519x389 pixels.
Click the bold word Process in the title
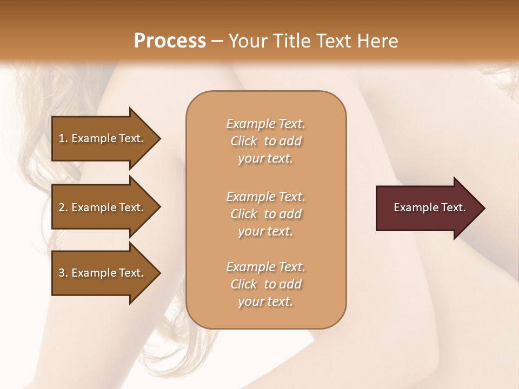(170, 41)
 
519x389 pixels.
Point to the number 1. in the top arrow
(63, 138)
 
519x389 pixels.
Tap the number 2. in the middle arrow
(63, 207)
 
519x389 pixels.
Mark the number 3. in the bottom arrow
(63, 273)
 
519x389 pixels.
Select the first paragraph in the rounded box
(265, 141)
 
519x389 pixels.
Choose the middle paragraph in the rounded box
(265, 214)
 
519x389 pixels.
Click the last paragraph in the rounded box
(265, 284)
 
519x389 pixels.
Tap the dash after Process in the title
(217, 41)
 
